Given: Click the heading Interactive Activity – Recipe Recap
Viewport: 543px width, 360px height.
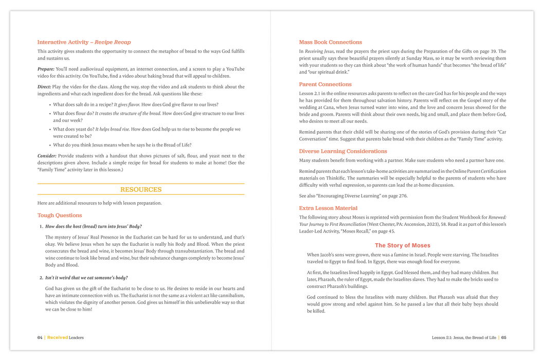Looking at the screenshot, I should coord(84,42).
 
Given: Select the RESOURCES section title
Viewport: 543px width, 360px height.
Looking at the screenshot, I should coord(141,190).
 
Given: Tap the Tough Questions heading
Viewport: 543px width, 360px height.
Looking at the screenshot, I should coord(60,215).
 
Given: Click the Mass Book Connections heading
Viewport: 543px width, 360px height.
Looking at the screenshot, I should coord(331,42).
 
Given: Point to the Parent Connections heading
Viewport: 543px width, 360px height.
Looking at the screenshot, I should coord(325,84).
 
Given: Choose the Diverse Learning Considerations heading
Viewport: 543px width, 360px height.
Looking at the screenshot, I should coord(343,151).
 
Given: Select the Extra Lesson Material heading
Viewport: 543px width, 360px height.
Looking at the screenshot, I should coord(328,208).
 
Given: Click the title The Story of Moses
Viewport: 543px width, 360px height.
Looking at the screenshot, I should coord(403,246).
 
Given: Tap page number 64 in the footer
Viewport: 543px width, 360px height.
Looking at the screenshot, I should coord(40,337).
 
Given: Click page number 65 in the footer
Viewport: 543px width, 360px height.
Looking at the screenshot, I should coord(504,337).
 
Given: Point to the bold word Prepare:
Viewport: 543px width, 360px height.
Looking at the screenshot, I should coord(46,69).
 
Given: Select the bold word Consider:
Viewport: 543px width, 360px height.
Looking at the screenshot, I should coord(47,156).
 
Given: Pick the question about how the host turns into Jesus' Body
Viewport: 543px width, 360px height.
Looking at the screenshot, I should coord(94,226).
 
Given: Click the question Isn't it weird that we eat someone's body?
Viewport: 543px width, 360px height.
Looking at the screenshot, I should coord(86,278).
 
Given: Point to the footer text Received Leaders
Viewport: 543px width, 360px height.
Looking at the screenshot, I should coord(65,337).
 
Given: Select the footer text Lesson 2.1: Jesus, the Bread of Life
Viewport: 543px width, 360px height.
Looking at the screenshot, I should coord(464,337).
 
